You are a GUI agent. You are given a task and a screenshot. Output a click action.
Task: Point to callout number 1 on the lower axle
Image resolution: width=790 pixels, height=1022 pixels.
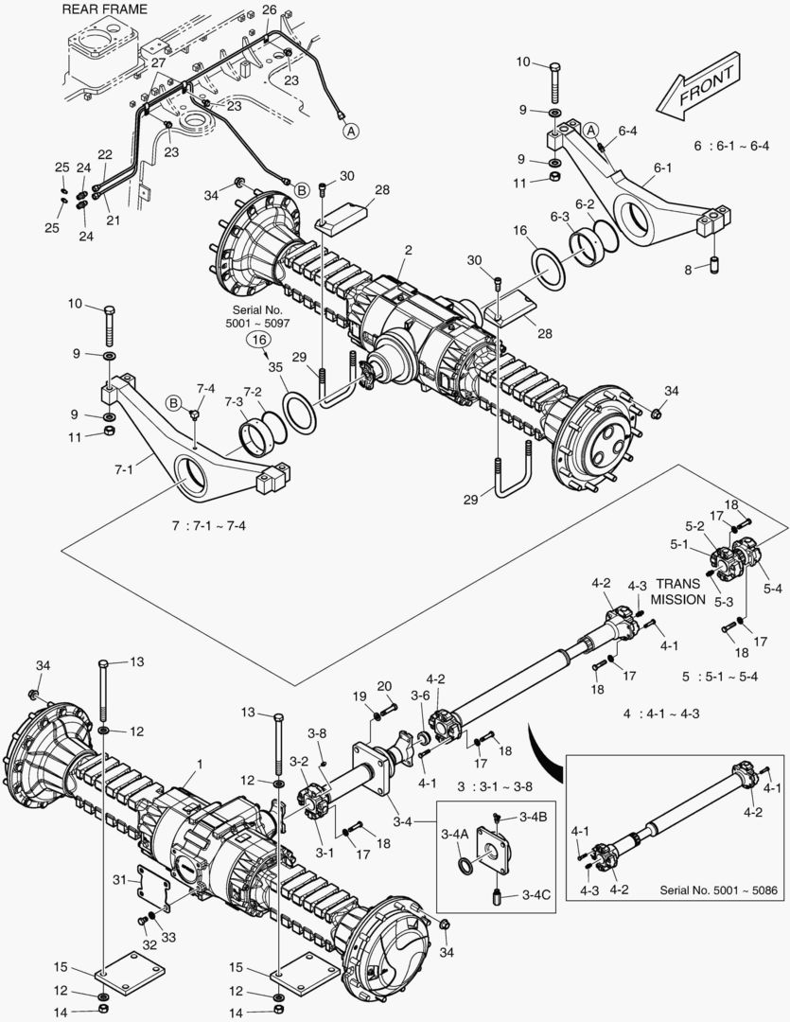point(200,763)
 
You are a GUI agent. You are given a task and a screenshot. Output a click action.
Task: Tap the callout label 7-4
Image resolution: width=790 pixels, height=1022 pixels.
point(205,389)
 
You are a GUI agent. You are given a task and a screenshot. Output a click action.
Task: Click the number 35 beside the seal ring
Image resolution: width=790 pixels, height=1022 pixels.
point(275,367)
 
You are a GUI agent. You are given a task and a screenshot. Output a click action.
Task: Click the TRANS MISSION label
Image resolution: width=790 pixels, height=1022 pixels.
point(679,592)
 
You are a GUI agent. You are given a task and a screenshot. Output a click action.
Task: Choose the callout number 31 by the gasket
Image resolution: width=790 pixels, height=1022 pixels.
point(119,880)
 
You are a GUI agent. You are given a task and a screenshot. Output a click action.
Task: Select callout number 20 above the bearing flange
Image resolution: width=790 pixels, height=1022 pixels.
point(383,685)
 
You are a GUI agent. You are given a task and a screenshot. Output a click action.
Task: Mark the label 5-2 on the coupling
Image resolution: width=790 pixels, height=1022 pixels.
point(694,526)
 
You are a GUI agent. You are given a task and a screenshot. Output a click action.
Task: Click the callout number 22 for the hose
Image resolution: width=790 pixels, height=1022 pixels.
point(105,154)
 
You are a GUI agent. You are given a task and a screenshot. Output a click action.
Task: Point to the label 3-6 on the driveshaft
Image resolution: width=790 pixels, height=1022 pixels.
point(420,696)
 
